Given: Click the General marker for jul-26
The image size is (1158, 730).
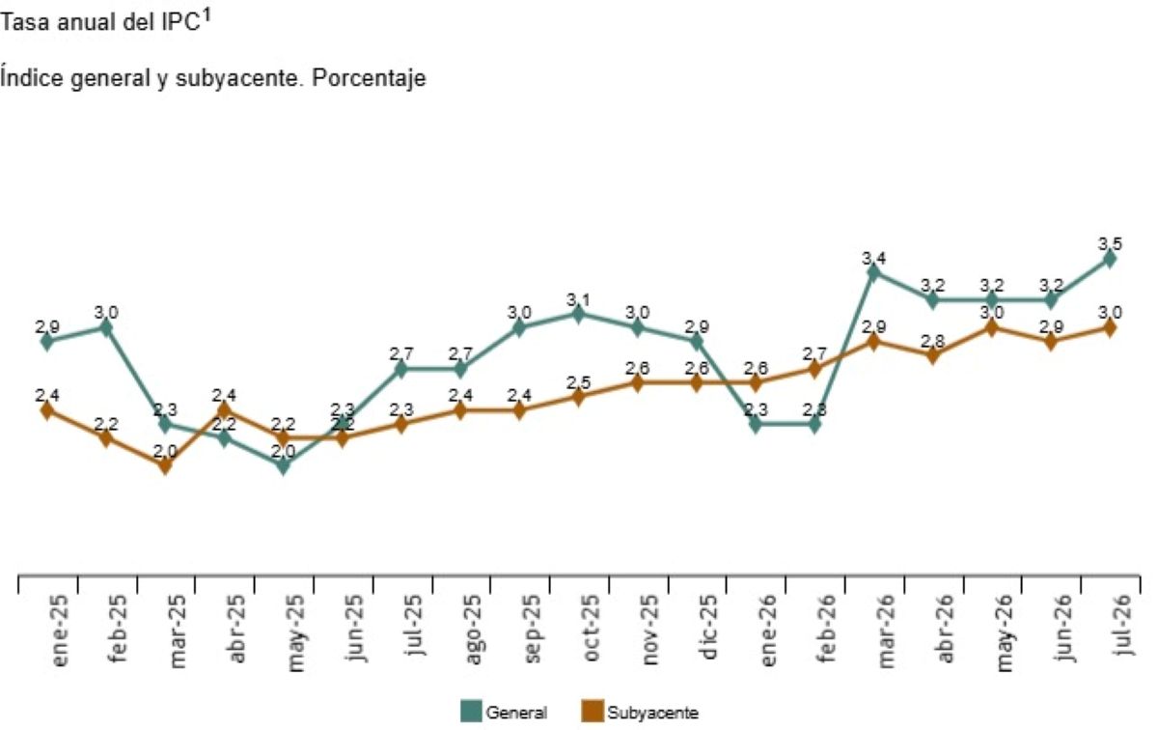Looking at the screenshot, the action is pos(1109,259).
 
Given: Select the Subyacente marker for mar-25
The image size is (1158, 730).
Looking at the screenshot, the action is pos(165,465).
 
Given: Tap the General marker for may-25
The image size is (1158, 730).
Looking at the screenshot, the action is pos(283,465).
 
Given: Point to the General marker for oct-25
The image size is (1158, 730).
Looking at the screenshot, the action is pos(578,314).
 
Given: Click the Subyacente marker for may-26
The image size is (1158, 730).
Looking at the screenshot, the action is pos(991,327).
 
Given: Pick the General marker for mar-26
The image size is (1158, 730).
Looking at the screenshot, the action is pos(873,272).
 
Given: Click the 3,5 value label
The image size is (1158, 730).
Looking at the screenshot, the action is pos(1110,243).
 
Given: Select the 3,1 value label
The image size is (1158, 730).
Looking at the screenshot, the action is pos(578,299).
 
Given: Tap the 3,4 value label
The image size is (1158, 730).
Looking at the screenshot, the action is pos(873,258).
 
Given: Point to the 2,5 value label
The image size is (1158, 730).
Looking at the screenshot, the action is pos(578,382).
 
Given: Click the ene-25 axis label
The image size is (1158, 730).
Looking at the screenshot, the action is pos(59,631).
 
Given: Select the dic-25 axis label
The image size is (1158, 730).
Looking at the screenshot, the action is pos(707,627).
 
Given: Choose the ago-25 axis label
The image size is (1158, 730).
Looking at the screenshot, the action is pos(473,630).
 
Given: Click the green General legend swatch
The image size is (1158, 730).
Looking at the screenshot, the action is pos(471,711).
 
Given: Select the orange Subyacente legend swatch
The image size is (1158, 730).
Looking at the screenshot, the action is pos(593,711).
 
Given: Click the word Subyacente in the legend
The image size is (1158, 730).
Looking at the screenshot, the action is pos(652,713).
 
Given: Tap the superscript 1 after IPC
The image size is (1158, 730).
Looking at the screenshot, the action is pos(207,16).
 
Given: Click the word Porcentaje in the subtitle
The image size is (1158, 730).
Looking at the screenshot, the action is pos(369,78).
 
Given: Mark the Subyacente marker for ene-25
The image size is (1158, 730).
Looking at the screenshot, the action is pos(47,410).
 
